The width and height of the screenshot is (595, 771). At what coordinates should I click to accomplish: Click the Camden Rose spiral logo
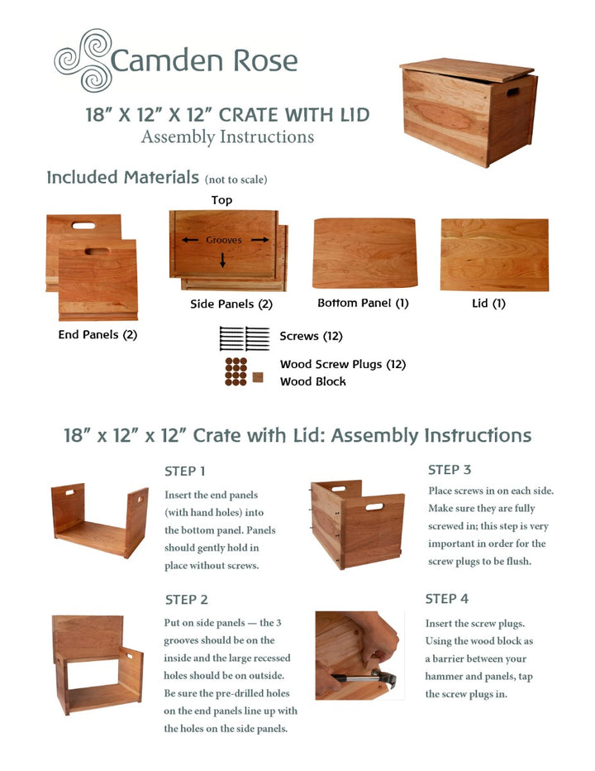(x=82, y=60)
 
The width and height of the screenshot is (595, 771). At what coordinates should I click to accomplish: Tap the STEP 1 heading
(x=185, y=472)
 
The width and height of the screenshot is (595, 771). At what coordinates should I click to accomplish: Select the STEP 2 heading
(x=186, y=600)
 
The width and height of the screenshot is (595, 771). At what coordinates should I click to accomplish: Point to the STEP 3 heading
(x=450, y=470)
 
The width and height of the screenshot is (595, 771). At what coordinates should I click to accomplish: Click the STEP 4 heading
(x=447, y=599)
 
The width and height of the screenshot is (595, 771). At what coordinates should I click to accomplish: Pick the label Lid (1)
(x=488, y=304)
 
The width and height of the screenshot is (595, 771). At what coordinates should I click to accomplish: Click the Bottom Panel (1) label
(x=363, y=304)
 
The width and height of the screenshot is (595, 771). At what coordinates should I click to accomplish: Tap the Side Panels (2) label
(x=231, y=304)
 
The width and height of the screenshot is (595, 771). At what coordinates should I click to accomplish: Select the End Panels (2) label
(x=98, y=335)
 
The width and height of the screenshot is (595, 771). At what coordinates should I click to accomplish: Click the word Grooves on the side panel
(x=224, y=240)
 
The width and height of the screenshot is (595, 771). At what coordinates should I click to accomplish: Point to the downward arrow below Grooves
(x=222, y=260)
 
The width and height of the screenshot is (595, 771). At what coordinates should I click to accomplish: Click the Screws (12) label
(x=311, y=337)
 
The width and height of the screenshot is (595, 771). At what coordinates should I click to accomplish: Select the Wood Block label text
(x=313, y=381)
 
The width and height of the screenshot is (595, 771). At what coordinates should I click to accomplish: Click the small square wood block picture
(x=258, y=377)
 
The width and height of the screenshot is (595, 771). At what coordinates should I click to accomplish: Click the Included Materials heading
(x=123, y=177)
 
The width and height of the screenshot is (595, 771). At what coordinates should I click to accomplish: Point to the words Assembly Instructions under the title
(x=227, y=137)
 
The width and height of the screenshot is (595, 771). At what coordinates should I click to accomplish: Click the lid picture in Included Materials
(x=494, y=254)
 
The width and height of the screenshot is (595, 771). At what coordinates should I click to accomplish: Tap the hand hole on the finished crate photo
(x=513, y=91)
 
